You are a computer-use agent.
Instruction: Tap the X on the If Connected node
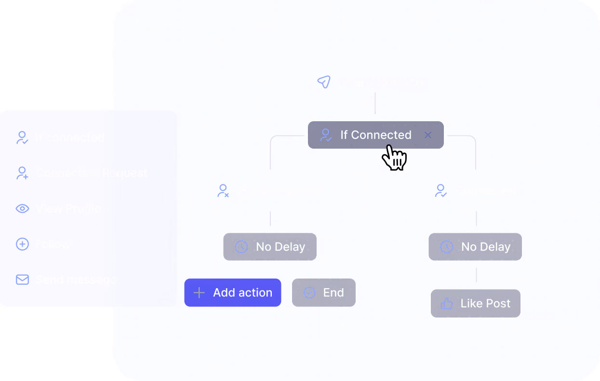pyautogui.click(x=427, y=135)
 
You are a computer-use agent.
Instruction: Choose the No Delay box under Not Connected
pyautogui.click(x=270, y=247)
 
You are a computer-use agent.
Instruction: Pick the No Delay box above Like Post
pyautogui.click(x=475, y=247)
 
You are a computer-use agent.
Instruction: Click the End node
pyautogui.click(x=324, y=292)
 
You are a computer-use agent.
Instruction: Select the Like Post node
pyautogui.click(x=476, y=303)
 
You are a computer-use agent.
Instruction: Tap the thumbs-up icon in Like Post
pyautogui.click(x=447, y=304)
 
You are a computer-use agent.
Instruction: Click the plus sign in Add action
pyautogui.click(x=199, y=292)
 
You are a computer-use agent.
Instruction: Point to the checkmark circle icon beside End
pyautogui.click(x=309, y=292)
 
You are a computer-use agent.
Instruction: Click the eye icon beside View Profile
pyautogui.click(x=23, y=209)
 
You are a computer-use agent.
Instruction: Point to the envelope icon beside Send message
pyautogui.click(x=23, y=280)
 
